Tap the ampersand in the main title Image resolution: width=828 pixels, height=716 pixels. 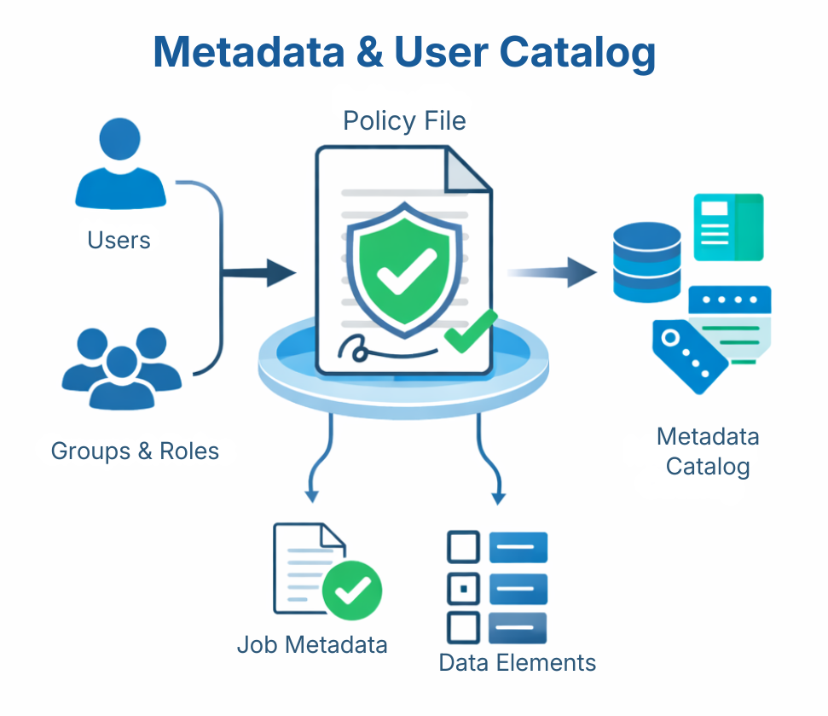pos(368,53)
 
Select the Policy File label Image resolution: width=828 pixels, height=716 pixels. pos(404,121)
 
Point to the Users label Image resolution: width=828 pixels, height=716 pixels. pos(119,240)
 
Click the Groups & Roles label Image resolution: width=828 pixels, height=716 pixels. pos(135,451)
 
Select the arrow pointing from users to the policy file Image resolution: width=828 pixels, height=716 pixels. pos(266,274)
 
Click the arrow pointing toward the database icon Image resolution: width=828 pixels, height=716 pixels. pos(554,272)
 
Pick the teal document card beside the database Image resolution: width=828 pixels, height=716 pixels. pos(728,227)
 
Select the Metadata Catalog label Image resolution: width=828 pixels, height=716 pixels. pos(708,451)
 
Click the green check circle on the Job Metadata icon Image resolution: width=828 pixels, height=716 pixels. pos(352,589)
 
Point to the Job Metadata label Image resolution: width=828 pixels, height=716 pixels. pos(312,644)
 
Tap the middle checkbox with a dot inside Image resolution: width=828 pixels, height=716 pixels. pos(463,588)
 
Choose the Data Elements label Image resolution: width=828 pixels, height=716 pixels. pos(517,662)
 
